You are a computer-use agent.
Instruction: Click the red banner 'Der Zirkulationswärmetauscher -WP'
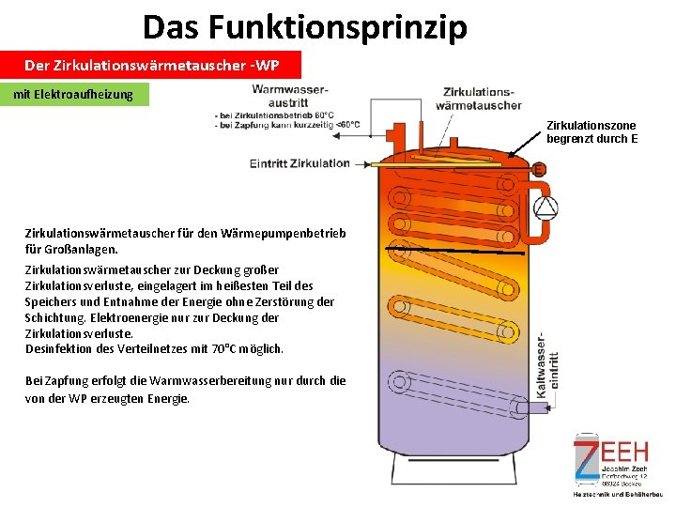(x=151, y=66)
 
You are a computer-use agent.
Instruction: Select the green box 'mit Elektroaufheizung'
(x=74, y=94)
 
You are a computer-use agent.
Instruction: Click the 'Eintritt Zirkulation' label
(x=300, y=163)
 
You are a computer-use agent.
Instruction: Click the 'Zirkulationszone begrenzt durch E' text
(x=591, y=132)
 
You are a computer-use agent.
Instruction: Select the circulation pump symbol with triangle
(x=545, y=207)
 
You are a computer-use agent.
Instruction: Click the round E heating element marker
(x=539, y=171)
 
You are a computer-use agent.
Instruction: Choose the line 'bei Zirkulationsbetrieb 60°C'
(x=272, y=115)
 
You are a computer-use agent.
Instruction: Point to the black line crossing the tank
(x=460, y=250)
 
